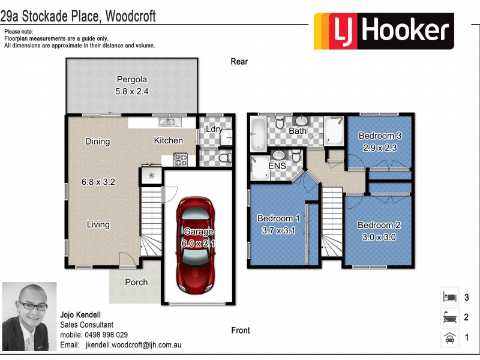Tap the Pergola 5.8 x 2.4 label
(x=132, y=85)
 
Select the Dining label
(x=97, y=142)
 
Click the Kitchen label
(x=169, y=140)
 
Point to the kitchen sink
(x=167, y=122)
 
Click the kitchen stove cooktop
(x=180, y=160)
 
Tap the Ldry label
(x=214, y=129)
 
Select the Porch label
(x=136, y=282)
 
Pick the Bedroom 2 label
(x=379, y=225)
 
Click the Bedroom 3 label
(x=380, y=136)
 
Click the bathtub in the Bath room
(x=259, y=134)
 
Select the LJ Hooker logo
(x=384, y=31)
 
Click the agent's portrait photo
(x=29, y=316)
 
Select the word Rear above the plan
(x=239, y=61)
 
